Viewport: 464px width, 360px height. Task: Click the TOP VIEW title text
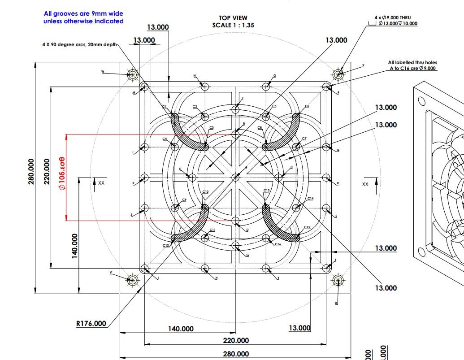coord(233,18)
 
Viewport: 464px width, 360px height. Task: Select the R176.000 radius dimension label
coord(91,323)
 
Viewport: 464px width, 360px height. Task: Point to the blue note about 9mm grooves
coord(83,17)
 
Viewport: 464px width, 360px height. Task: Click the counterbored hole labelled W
coord(132,75)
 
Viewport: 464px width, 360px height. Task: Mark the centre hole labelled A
coord(235,178)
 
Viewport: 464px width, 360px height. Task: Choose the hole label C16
coord(278,244)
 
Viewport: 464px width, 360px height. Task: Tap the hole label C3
coord(211,128)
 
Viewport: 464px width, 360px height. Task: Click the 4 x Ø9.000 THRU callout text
coord(392,17)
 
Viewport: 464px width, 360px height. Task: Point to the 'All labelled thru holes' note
coord(412,65)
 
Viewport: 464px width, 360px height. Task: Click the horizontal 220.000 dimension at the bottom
coord(236,341)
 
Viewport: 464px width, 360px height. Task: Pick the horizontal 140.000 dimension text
coord(181,329)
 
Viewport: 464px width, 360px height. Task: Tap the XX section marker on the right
coord(365,184)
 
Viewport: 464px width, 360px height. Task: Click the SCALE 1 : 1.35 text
coord(233,26)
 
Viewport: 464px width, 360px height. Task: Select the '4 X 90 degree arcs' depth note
coord(79,45)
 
